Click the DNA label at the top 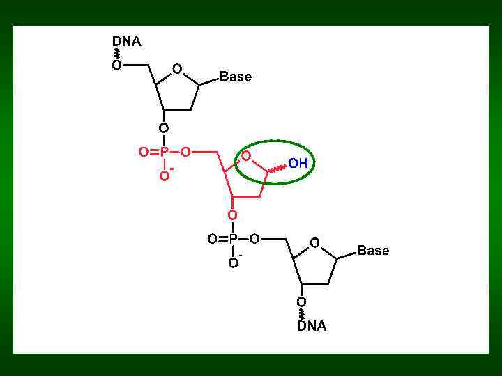pyautogui.click(x=127, y=42)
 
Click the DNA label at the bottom pyautogui.click(x=312, y=326)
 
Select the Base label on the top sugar pyautogui.click(x=236, y=77)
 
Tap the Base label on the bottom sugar pyautogui.click(x=373, y=250)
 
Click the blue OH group pyautogui.click(x=298, y=164)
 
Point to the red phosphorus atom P pyautogui.click(x=165, y=152)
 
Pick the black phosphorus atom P pyautogui.click(x=234, y=239)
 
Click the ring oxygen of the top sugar pyautogui.click(x=178, y=69)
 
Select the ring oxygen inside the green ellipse pyautogui.click(x=247, y=156)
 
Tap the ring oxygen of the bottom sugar pyautogui.click(x=315, y=242)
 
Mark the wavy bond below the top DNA pyautogui.click(x=116, y=54)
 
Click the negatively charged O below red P pyautogui.click(x=165, y=176)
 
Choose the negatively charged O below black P pyautogui.click(x=234, y=263)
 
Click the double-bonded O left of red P pyautogui.click(x=143, y=152)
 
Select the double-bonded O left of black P pyautogui.click(x=212, y=239)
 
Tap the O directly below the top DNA pyautogui.click(x=116, y=65)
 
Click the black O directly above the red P pyautogui.click(x=164, y=128)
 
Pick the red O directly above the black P pyautogui.click(x=233, y=215)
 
